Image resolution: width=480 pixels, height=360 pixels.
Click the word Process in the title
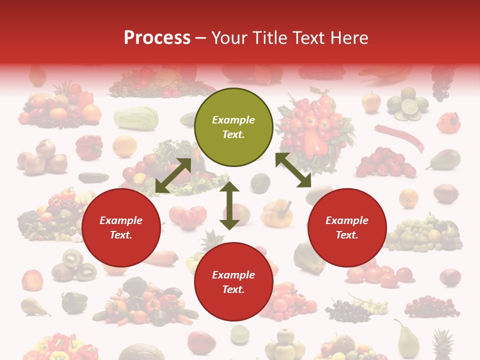[x=157, y=38]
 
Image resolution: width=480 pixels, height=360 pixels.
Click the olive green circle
[x=233, y=127]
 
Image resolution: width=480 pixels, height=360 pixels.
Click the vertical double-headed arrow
[x=229, y=205]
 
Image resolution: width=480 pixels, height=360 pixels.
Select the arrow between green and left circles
[x=173, y=175]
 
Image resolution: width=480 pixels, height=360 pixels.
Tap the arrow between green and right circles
[x=293, y=170]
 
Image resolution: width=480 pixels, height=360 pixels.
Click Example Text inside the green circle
[x=233, y=127]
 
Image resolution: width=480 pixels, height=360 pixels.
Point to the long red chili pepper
[x=399, y=137]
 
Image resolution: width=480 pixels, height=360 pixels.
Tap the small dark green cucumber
[x=93, y=177]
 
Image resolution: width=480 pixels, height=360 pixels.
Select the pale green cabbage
[x=136, y=118]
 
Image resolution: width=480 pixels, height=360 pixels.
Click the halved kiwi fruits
[x=75, y=265]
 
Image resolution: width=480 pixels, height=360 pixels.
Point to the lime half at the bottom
[x=240, y=333]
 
